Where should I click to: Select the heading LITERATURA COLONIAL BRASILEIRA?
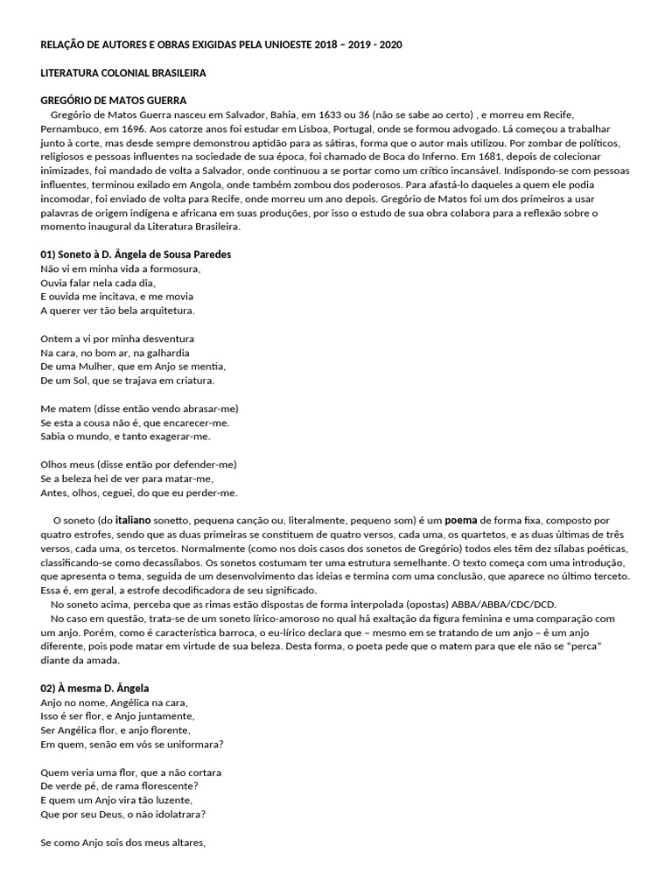point(123,73)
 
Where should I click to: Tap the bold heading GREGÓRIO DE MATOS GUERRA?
point(113,101)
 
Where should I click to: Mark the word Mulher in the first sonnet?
point(102,367)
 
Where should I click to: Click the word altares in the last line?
point(184,843)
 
